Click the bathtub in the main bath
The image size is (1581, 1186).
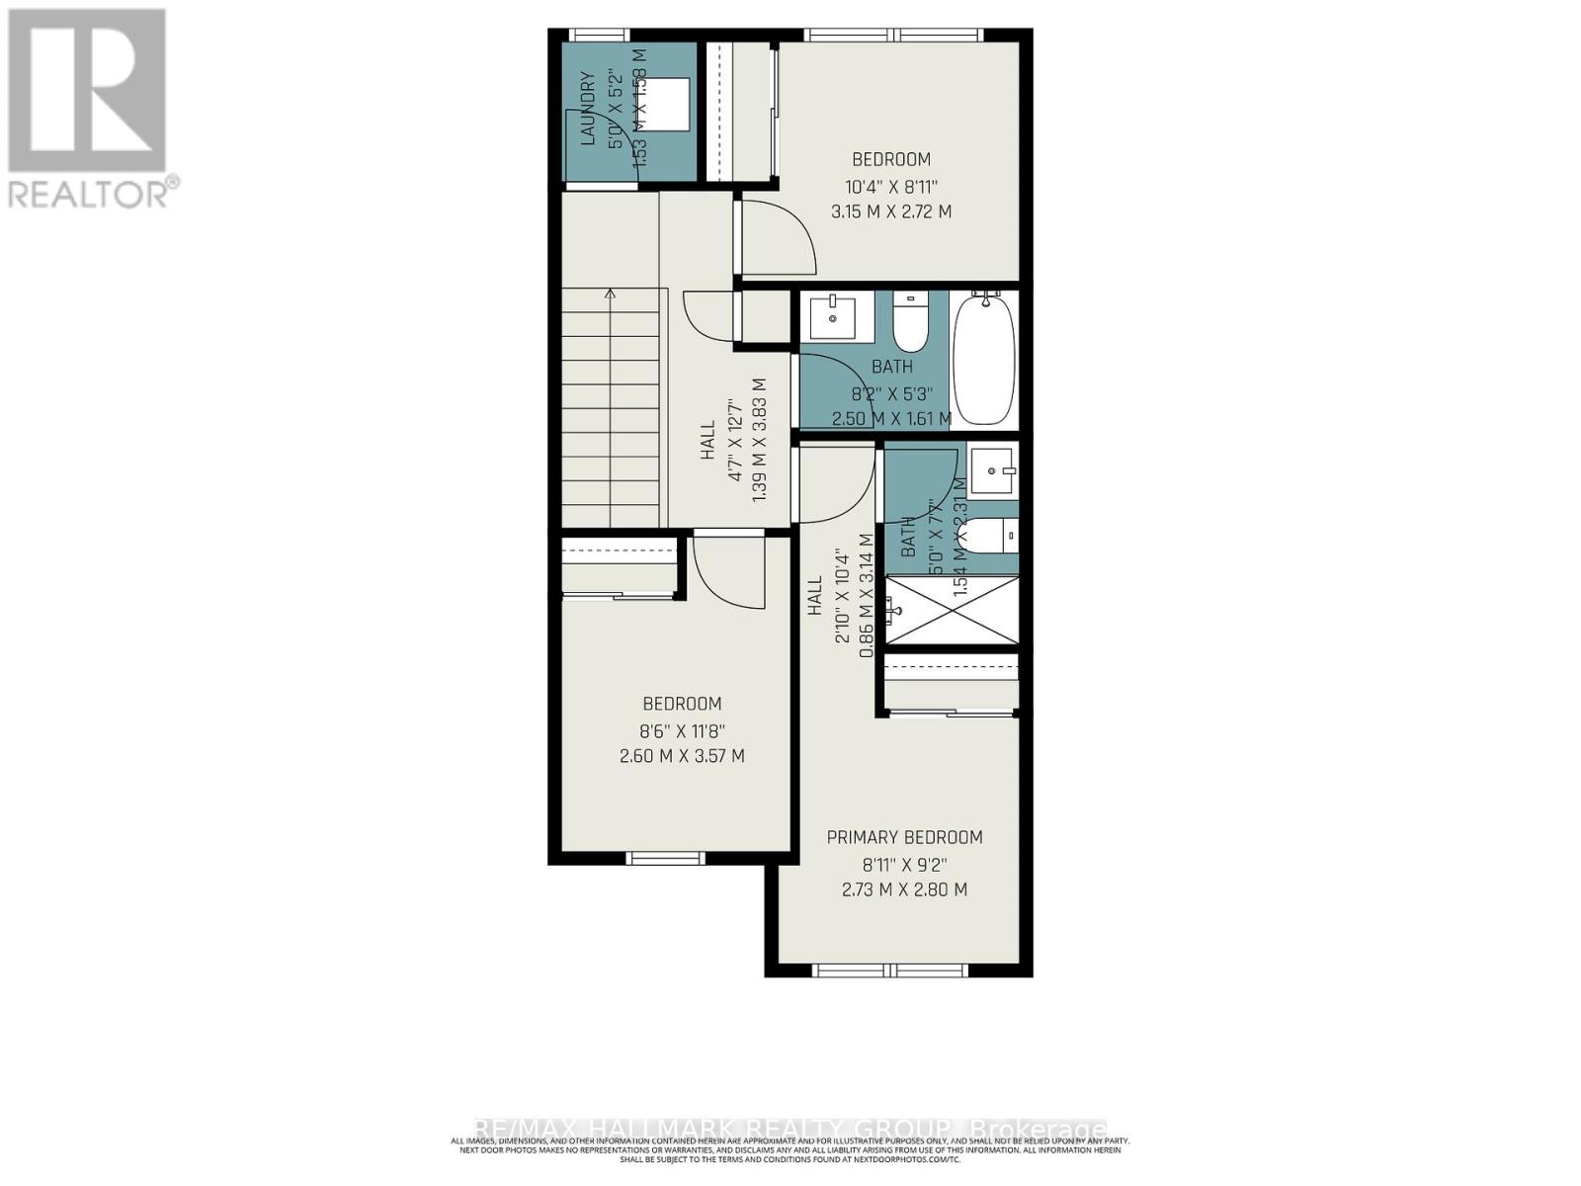(984, 358)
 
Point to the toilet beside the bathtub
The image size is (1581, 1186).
(909, 321)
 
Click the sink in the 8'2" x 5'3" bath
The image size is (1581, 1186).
(832, 316)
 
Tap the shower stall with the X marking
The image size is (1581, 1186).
(952, 610)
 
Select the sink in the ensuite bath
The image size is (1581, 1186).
(991, 471)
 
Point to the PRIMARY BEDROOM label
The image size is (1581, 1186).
(904, 837)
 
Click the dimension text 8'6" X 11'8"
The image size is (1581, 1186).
(682, 730)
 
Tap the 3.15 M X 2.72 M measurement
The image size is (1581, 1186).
(891, 212)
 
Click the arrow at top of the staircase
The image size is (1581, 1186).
(611, 295)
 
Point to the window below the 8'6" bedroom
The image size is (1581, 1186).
(665, 858)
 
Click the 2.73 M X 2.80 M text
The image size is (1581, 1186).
(904, 889)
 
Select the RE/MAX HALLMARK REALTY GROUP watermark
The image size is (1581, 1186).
(790, 1129)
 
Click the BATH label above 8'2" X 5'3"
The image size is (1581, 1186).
(891, 367)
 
